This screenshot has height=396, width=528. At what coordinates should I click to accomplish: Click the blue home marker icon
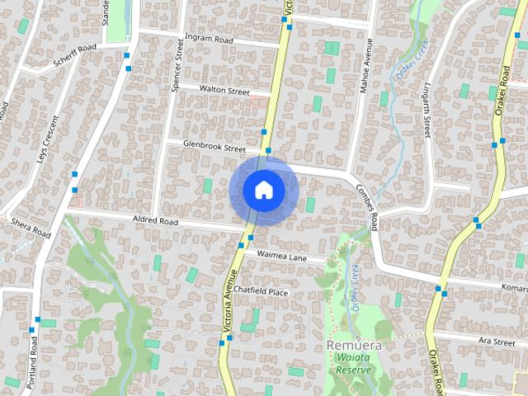(264, 190)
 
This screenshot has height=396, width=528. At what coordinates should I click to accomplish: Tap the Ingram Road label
(210, 39)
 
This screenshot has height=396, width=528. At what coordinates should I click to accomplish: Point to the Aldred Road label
(155, 221)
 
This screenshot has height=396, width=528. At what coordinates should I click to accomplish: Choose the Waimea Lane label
(281, 257)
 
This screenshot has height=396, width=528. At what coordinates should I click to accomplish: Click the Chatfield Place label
(260, 291)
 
